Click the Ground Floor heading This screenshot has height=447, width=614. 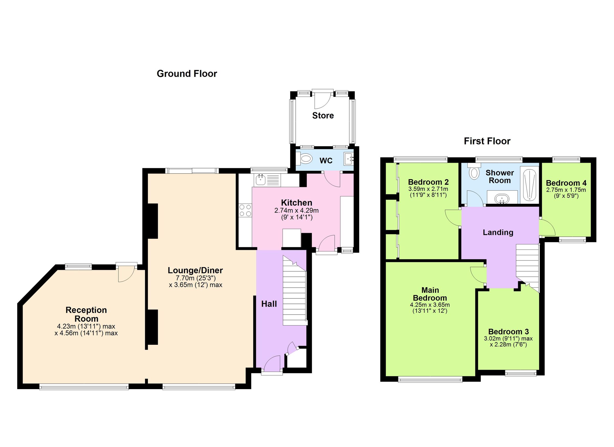click(x=187, y=74)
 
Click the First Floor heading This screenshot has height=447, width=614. click(x=487, y=141)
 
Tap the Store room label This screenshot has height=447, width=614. click(x=323, y=116)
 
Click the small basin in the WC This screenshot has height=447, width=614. click(x=348, y=159)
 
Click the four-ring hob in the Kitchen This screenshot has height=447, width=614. click(x=245, y=210)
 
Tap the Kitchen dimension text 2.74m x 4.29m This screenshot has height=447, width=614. click(x=297, y=210)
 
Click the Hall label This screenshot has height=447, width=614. click(x=269, y=304)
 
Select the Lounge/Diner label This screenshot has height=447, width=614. click(x=195, y=270)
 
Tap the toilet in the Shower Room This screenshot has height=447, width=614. click(x=474, y=171)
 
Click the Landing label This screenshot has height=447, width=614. click(x=498, y=232)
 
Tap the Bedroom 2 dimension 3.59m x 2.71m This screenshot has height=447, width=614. click(x=428, y=189)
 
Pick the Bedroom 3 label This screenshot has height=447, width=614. click(x=508, y=331)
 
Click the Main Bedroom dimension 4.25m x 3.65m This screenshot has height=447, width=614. click(x=430, y=305)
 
